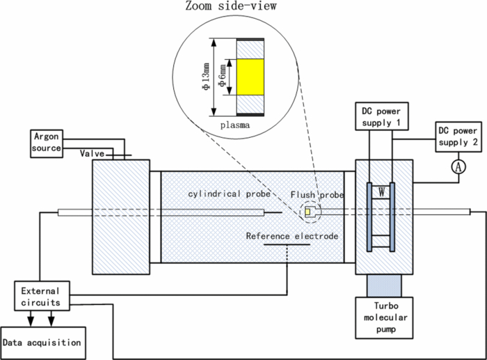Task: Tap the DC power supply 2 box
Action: [x=457, y=137]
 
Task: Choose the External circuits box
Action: [x=40, y=296]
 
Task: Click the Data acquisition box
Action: [x=42, y=342]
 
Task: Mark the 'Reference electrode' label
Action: [x=292, y=236]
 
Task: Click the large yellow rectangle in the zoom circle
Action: [x=250, y=77]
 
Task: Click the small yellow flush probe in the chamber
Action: [x=308, y=212]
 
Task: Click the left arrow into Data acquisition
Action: [x=30, y=321]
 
